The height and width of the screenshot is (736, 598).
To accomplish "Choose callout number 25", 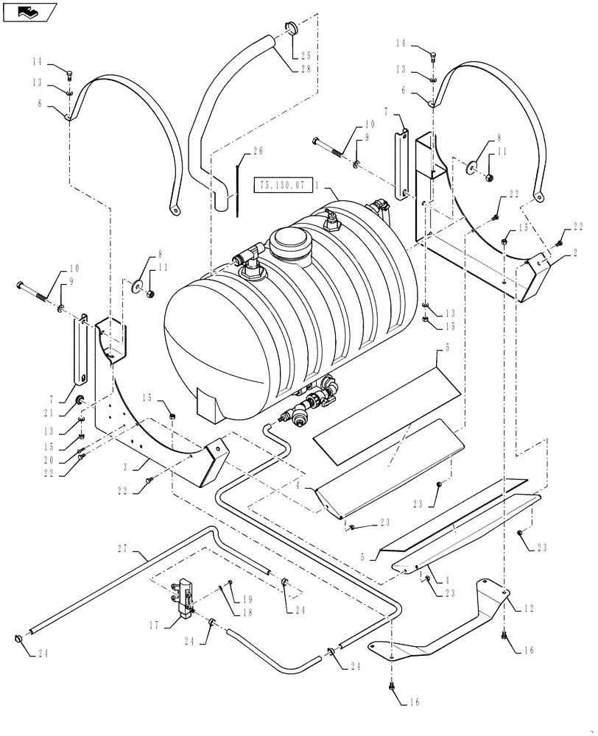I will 304,56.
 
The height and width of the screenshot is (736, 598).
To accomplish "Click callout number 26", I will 257,152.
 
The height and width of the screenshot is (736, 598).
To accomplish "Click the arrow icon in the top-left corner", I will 29,13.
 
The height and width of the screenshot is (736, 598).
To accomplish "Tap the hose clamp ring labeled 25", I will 290,29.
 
